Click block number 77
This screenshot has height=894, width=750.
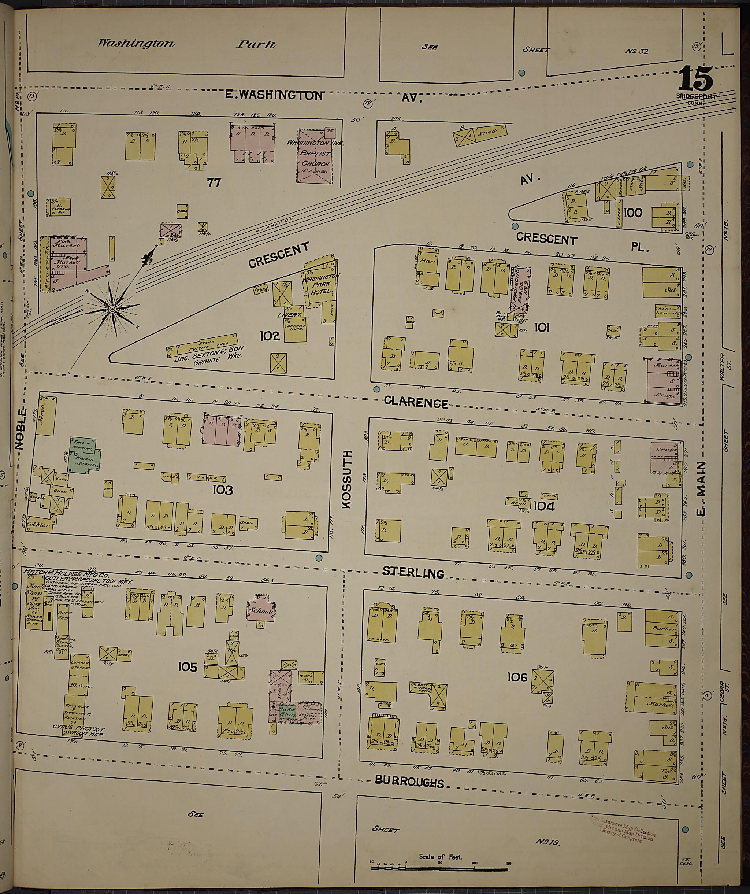[x=214, y=182]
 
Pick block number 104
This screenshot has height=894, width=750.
[x=544, y=506]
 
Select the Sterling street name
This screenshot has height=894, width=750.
[x=413, y=572]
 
